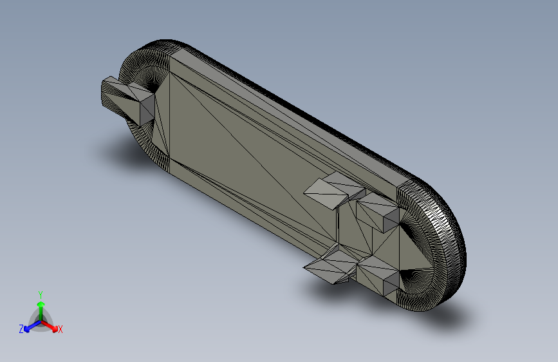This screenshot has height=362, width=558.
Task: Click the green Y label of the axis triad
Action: [41, 294]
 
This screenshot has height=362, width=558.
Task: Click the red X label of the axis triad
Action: [60, 329]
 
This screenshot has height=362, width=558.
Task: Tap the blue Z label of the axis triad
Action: [21, 329]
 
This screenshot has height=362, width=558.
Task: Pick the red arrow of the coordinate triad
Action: [50, 326]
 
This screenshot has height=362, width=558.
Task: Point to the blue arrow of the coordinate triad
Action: [32, 326]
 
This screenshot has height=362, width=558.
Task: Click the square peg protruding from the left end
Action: [127, 100]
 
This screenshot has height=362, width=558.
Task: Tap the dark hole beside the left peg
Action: [153, 86]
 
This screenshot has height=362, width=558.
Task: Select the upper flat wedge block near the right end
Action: [335, 190]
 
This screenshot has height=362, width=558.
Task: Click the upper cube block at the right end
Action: [378, 213]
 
